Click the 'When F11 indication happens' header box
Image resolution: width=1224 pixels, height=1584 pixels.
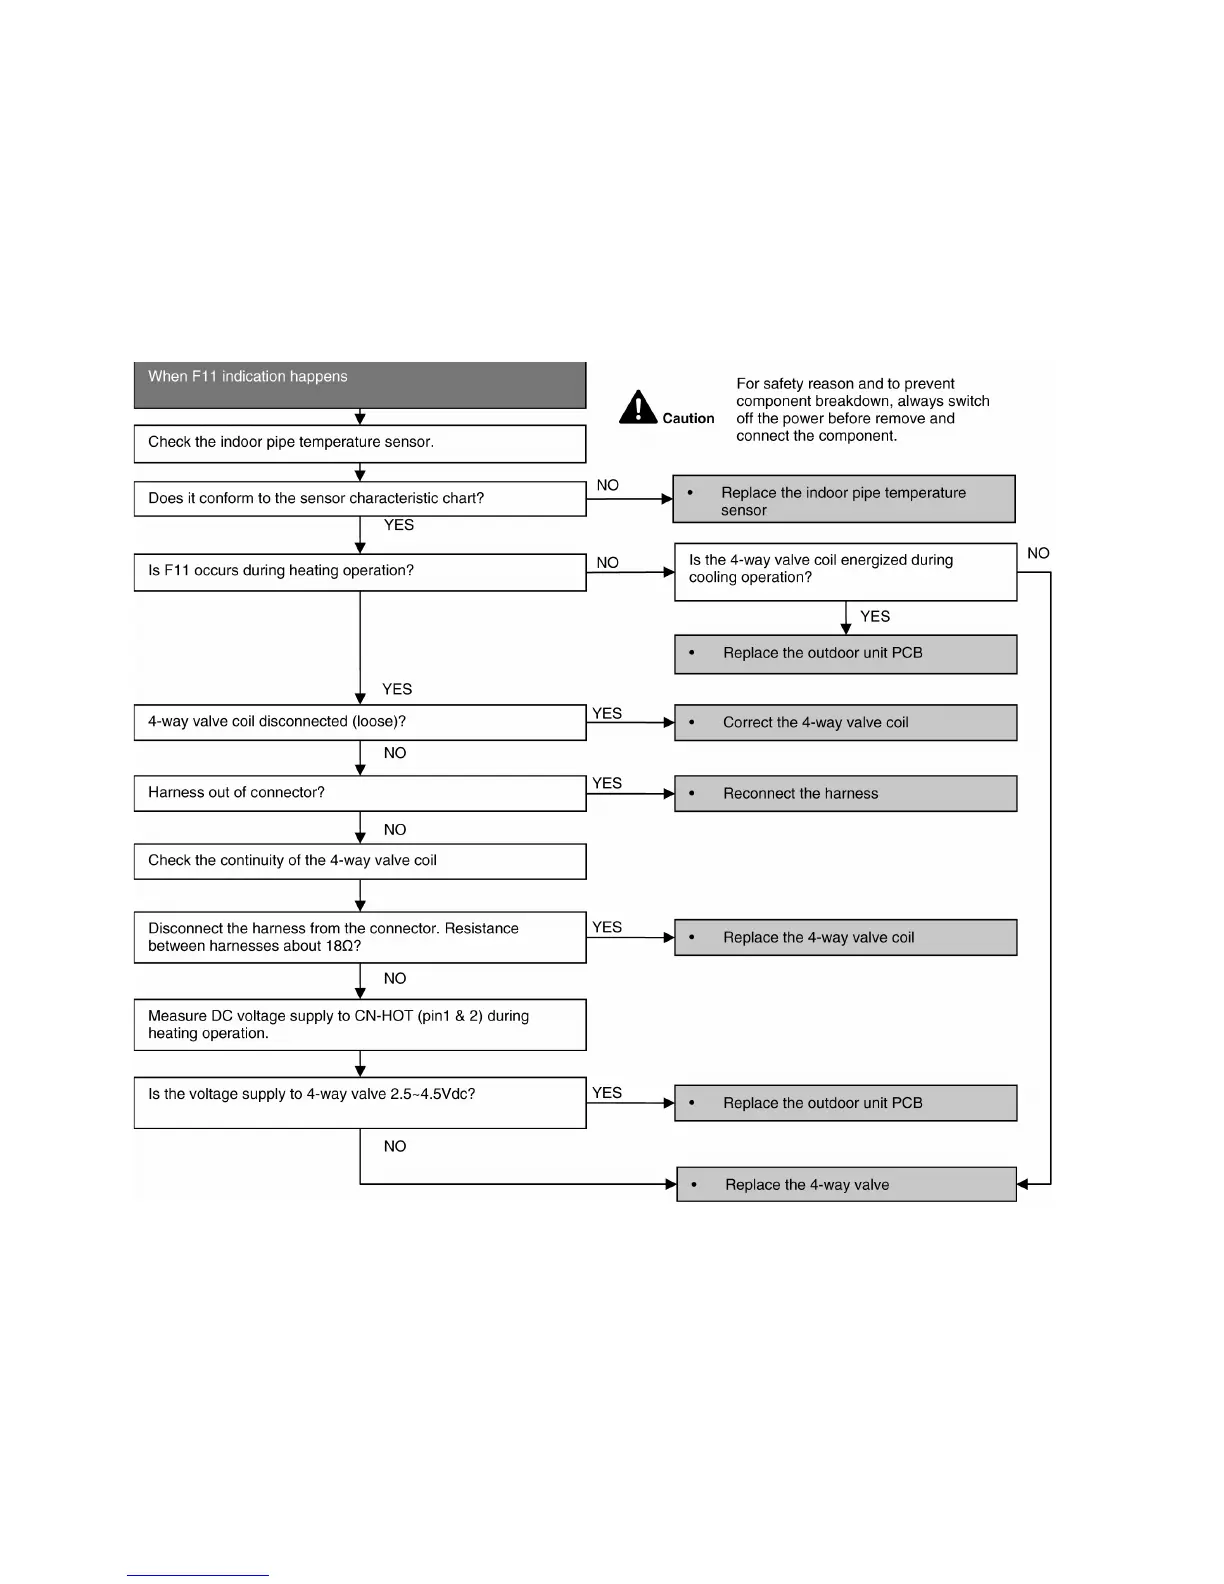(x=359, y=385)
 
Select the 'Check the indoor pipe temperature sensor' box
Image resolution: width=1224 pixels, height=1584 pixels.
(x=359, y=443)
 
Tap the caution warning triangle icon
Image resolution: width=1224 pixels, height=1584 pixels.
(x=637, y=407)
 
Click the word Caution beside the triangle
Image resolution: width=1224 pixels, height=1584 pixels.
(x=688, y=419)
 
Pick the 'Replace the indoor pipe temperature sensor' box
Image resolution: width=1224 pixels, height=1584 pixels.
(x=843, y=499)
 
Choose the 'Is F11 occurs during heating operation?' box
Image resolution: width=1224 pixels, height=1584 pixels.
(x=359, y=572)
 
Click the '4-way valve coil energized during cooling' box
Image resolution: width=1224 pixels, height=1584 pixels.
(x=845, y=571)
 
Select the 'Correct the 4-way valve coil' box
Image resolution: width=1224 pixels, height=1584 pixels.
(x=845, y=722)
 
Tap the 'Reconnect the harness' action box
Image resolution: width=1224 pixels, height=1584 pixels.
(x=845, y=793)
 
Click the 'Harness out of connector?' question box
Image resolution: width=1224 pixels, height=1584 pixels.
(x=359, y=793)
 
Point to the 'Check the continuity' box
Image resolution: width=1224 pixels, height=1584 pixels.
(x=359, y=861)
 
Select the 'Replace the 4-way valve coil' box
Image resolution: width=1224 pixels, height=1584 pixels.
(x=845, y=937)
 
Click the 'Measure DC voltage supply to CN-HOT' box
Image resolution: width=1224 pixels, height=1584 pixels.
(x=359, y=1024)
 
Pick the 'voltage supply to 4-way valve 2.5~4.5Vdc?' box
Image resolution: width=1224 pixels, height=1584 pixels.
(x=359, y=1102)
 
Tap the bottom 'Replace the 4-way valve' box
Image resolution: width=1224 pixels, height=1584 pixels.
(x=846, y=1184)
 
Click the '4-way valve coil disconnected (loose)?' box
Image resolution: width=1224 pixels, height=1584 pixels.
(x=359, y=722)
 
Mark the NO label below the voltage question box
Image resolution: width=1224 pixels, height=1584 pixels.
(x=395, y=1146)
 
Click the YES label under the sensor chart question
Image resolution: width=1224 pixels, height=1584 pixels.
(x=399, y=525)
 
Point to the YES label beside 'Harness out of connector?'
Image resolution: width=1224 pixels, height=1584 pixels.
(x=607, y=783)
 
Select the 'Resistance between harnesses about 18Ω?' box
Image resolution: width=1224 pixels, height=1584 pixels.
(x=359, y=937)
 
